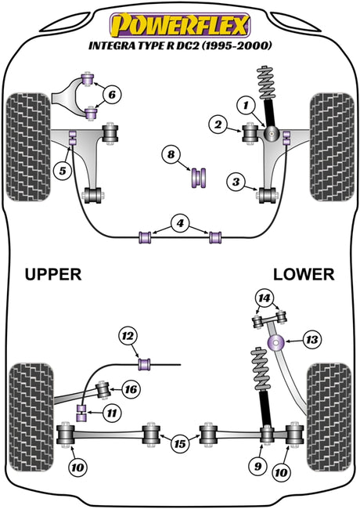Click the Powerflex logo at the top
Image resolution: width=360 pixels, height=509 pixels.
pos(180,25)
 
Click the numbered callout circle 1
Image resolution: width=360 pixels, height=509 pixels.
pos(247,105)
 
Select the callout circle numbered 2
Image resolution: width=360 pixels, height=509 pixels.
pos(218,125)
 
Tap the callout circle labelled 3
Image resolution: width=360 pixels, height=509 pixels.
pos(236,182)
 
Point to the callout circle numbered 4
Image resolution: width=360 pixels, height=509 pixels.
pos(180,223)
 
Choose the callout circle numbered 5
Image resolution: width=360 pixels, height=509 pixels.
pos(63,170)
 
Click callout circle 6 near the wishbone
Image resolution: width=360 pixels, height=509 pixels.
pos(112,95)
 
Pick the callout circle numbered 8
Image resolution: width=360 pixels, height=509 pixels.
pos(171,154)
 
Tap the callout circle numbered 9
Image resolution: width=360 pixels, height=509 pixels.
pos(257,467)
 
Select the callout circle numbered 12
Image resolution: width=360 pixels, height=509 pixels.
pos(128,336)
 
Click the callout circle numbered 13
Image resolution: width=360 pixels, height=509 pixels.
pos(312,340)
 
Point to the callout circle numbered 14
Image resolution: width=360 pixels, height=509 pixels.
pos(265,298)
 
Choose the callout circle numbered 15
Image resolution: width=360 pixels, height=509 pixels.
pos(180,443)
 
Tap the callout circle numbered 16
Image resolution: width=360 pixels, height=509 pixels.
pos(131,389)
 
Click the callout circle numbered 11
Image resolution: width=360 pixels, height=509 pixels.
pos(112,413)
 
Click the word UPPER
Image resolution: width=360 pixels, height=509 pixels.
pos(53,274)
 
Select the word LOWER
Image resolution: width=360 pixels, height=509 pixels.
pos(304,274)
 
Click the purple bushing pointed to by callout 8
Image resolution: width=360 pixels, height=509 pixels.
pos(199,178)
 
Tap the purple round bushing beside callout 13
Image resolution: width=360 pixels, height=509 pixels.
pos(276,343)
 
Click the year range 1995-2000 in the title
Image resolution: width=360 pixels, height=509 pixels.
pos(237,45)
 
